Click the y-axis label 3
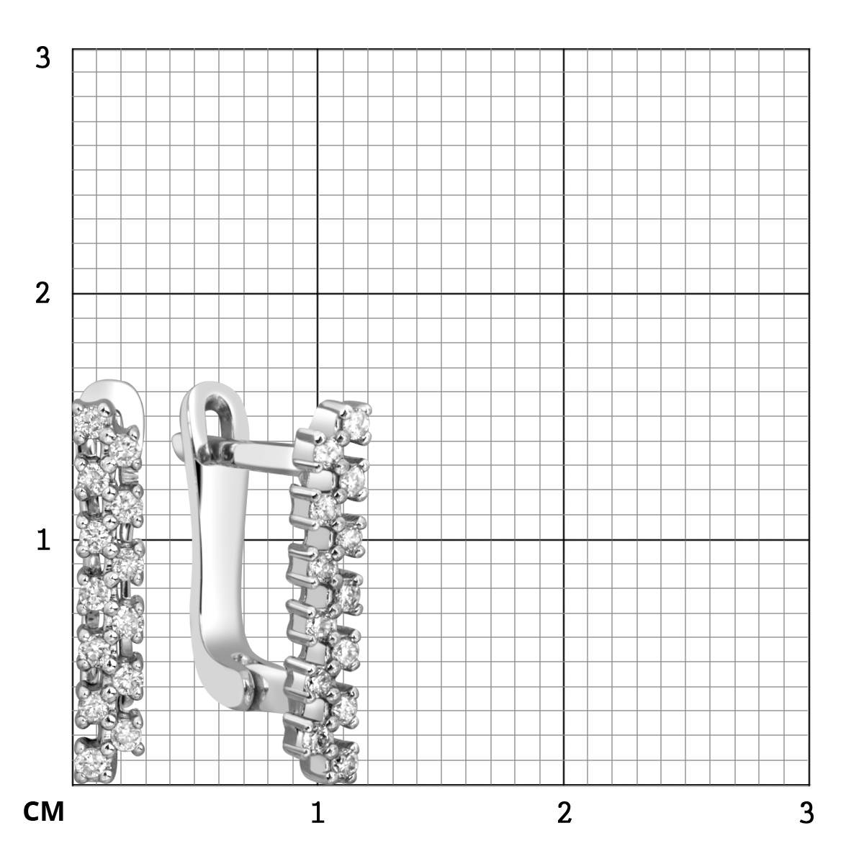[x=43, y=58]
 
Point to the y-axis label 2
[x=43, y=294]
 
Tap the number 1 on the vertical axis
[x=43, y=540]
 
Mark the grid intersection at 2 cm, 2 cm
[x=564, y=294]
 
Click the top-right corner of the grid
[x=809, y=49]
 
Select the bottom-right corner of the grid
[x=809, y=786]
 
